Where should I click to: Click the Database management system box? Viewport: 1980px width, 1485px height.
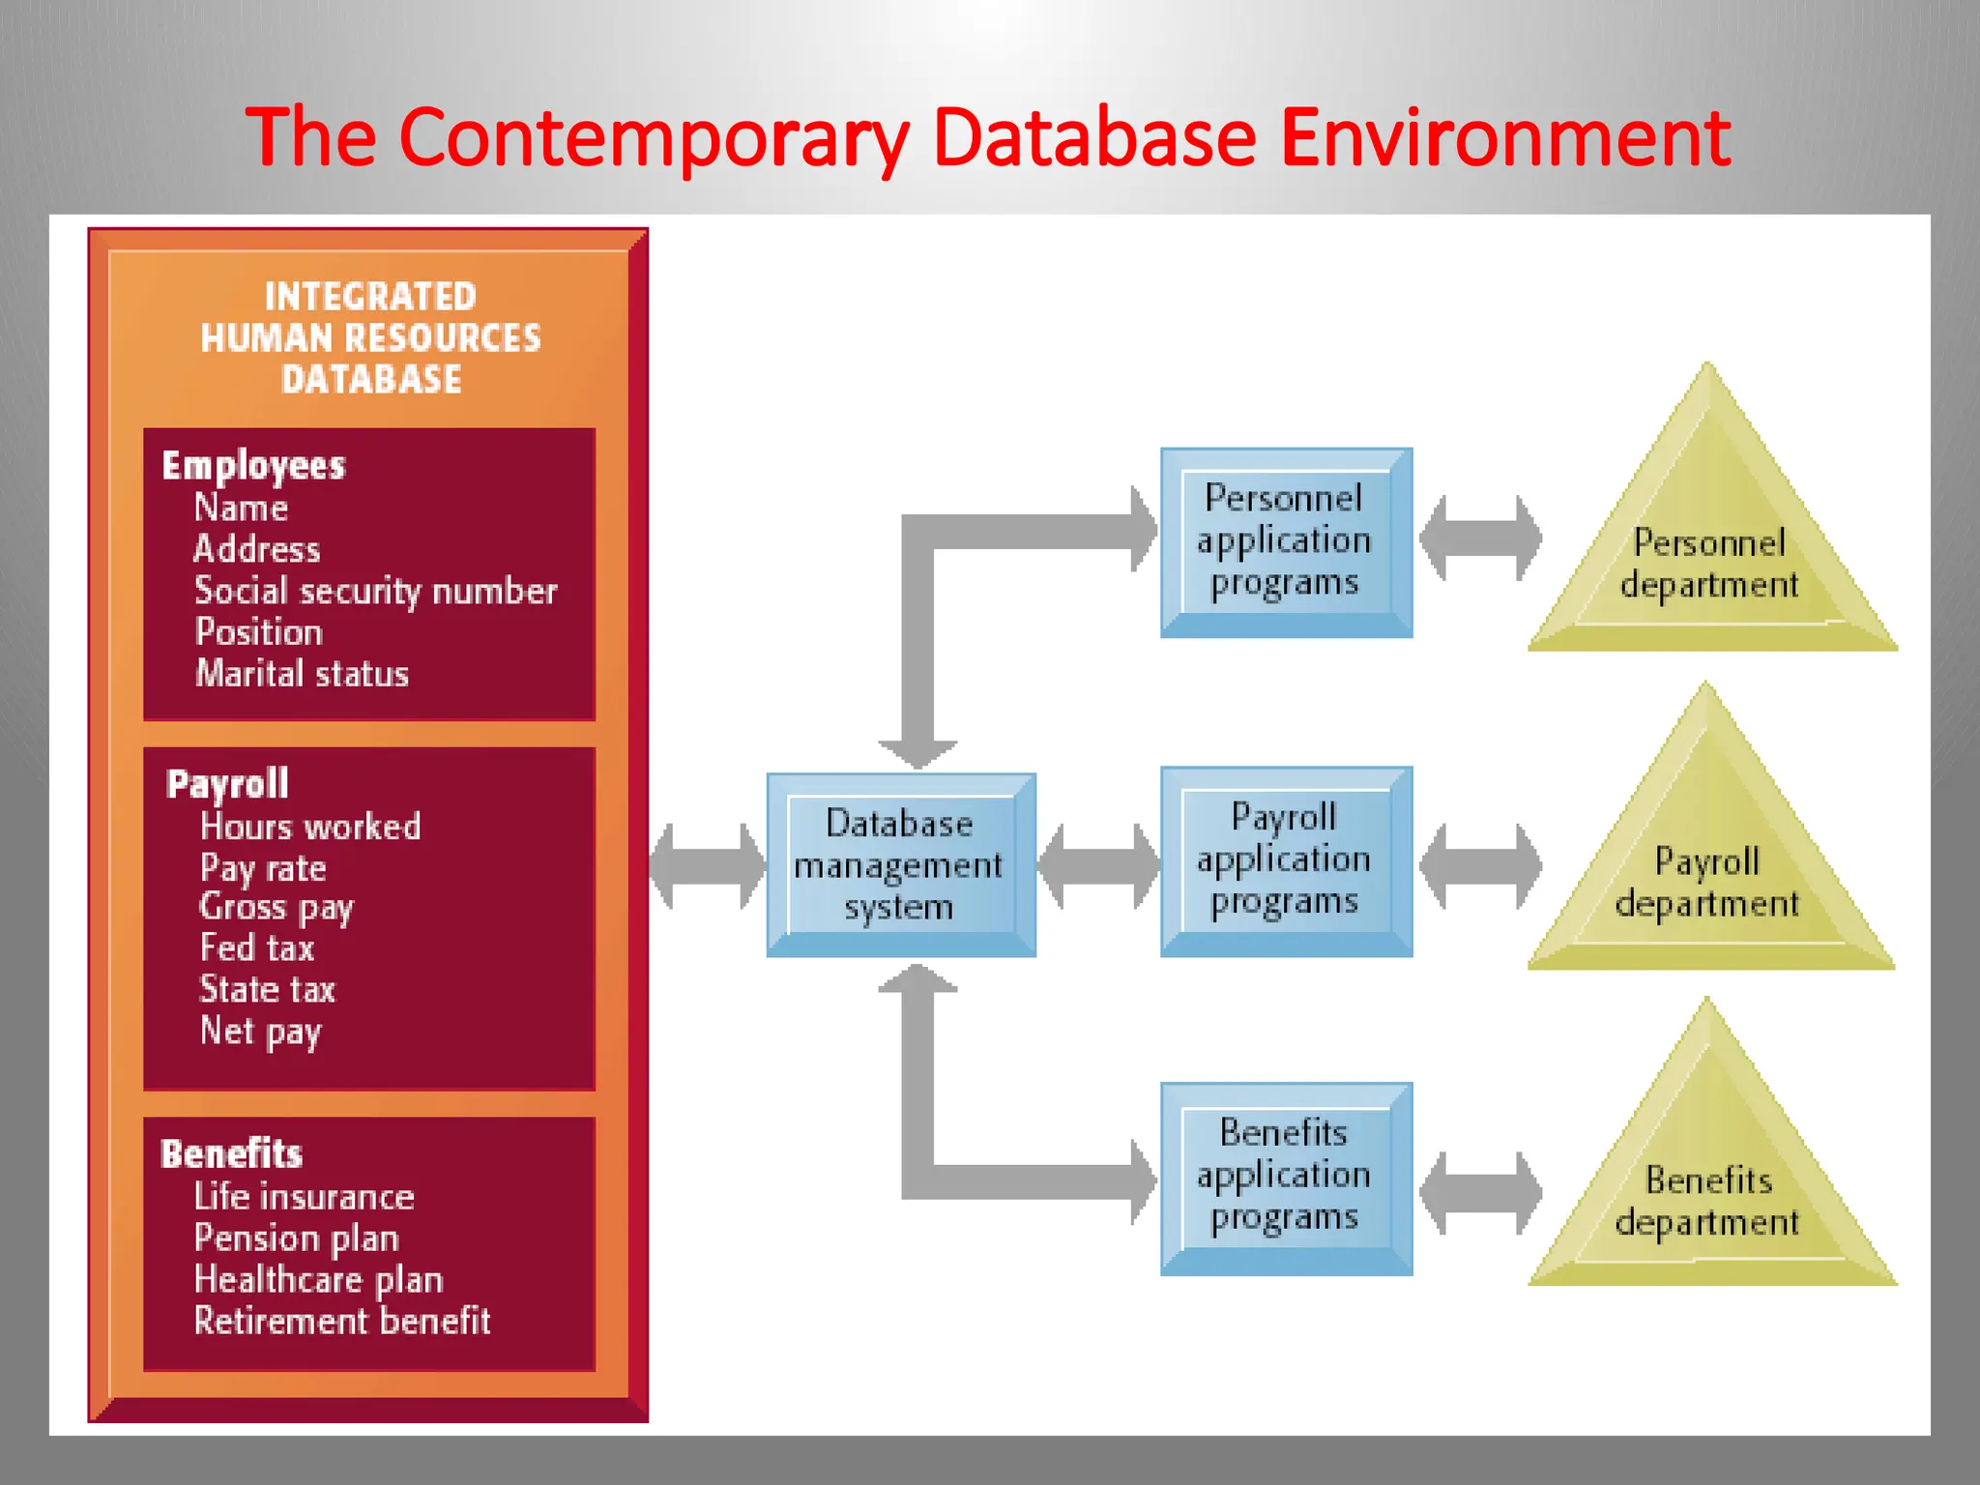pyautogui.click(x=900, y=864)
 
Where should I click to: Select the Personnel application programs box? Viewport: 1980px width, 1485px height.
pyautogui.click(x=1285, y=541)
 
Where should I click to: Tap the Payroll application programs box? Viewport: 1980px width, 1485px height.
pyautogui.click(x=1285, y=860)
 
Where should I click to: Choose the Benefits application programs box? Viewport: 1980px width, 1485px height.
pyautogui.click(x=1285, y=1177)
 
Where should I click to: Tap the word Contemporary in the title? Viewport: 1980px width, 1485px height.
pyautogui.click(x=654, y=137)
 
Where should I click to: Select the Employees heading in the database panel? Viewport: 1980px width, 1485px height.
pyautogui.click(x=253, y=466)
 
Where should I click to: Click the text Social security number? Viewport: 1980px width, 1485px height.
pyautogui.click(x=375, y=591)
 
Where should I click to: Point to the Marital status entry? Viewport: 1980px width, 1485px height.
pyautogui.click(x=302, y=674)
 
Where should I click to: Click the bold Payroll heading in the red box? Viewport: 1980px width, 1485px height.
pyautogui.click(x=227, y=784)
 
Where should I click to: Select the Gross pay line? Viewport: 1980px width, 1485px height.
pyautogui.click(x=277, y=908)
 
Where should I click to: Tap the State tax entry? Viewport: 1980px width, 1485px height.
pyautogui.click(x=267, y=990)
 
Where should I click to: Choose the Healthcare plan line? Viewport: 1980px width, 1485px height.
pyautogui.click(x=318, y=1280)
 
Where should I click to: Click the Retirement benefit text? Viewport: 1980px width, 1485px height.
pyautogui.click(x=342, y=1322)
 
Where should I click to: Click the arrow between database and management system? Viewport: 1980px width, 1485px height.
pyautogui.click(x=707, y=865)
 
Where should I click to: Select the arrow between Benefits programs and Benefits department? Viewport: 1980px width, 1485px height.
pyautogui.click(x=1480, y=1193)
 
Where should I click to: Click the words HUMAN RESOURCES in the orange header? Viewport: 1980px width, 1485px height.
pyautogui.click(x=370, y=338)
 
